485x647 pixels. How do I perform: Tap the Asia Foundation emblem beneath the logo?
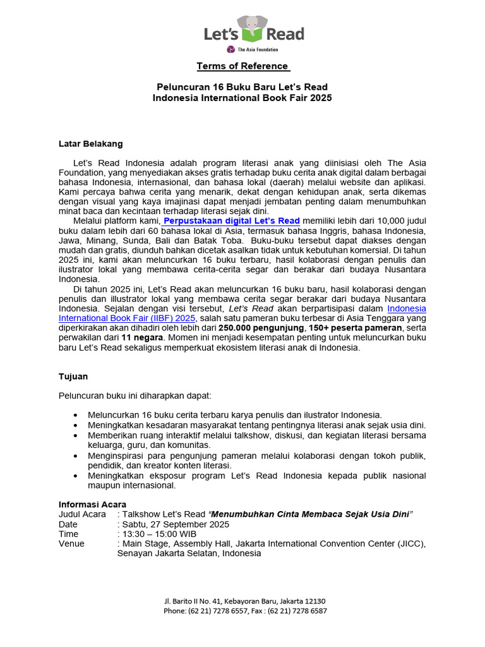pyautogui.click(x=231, y=49)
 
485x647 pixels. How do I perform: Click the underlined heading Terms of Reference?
pyautogui.click(x=243, y=66)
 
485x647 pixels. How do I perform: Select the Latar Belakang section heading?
pyautogui.click(x=90, y=144)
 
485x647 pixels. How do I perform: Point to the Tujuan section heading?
pyautogui.click(x=73, y=376)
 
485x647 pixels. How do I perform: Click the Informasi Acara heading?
pyautogui.click(x=92, y=504)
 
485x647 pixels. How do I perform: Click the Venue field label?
pyautogui.click(x=71, y=544)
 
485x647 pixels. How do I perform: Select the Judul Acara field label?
pyautogui.click(x=82, y=514)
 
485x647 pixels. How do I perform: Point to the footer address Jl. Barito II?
pyautogui.click(x=188, y=601)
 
